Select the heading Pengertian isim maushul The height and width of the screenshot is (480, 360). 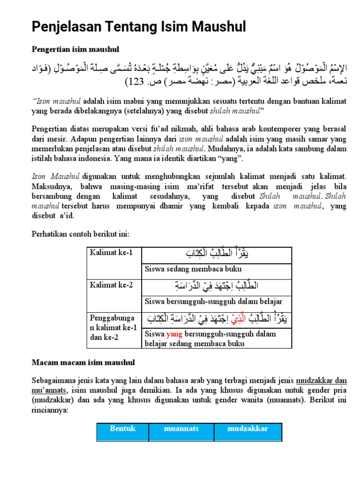click(75, 49)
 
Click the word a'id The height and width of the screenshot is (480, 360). click(66, 216)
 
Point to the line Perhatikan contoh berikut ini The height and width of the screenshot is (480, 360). click(80, 233)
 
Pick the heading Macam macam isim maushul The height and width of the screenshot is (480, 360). click(83, 362)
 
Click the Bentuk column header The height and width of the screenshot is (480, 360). click(122, 428)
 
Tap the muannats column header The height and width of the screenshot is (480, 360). click(181, 428)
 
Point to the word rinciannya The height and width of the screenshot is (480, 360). click(50, 410)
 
